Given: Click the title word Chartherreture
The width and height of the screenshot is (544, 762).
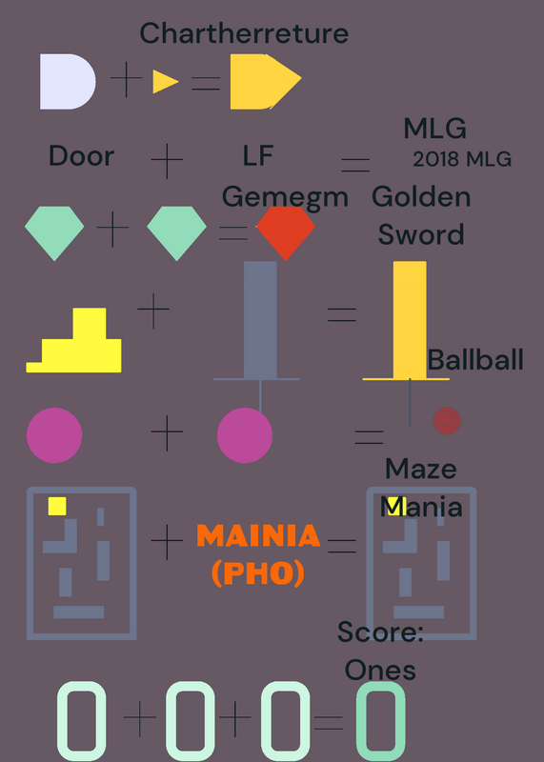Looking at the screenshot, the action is click(x=244, y=33).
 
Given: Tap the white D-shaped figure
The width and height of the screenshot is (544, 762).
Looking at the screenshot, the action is click(x=68, y=82).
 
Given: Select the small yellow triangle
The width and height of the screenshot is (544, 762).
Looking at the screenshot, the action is click(x=166, y=82).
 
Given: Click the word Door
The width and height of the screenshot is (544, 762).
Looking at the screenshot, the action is click(x=82, y=156).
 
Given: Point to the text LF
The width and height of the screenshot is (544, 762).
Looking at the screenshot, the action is click(x=257, y=155).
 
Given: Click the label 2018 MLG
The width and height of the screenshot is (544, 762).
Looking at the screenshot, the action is click(x=462, y=159).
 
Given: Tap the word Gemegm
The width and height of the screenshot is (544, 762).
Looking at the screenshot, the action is click(x=285, y=198).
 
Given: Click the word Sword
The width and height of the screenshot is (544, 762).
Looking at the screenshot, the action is click(x=421, y=234).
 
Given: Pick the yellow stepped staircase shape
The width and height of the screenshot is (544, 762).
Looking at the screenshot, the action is click(x=73, y=340).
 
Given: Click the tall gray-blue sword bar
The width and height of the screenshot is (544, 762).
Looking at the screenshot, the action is click(x=260, y=320).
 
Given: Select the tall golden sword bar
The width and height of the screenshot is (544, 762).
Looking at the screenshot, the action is click(x=410, y=320).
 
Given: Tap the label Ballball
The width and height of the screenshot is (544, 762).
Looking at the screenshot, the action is click(x=475, y=360).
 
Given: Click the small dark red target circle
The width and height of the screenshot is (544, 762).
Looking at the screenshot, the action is click(x=447, y=421).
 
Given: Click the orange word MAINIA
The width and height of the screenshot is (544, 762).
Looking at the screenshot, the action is click(x=258, y=536).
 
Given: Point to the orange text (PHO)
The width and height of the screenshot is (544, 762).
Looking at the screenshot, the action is click(x=258, y=573).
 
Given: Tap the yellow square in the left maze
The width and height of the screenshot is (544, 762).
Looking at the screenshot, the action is click(x=57, y=506).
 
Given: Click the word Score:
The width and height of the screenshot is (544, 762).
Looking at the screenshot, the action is click(x=380, y=632).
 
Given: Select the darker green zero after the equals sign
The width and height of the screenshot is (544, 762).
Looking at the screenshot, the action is click(x=381, y=721).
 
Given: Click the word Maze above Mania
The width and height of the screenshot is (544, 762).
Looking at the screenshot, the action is click(x=420, y=469).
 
